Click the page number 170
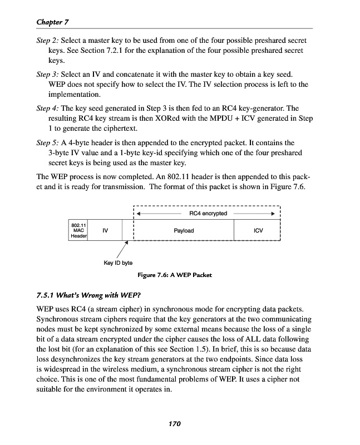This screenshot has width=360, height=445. pyautogui.click(x=175, y=424)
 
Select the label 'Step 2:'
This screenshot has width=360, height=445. pyautogui.click(x=47, y=41)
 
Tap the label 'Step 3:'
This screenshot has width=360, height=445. pyautogui.click(x=47, y=74)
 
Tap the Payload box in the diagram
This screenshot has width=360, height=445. pyautogui.click(x=184, y=230)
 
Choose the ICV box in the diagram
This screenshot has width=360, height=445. pyautogui.click(x=258, y=230)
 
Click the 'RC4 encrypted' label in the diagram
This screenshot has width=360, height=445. pyautogui.click(x=208, y=213)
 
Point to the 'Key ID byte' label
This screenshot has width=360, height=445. pyautogui.click(x=118, y=263)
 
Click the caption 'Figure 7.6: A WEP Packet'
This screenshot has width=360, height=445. pyautogui.click(x=174, y=275)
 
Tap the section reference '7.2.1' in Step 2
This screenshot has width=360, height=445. pyautogui.click(x=113, y=51)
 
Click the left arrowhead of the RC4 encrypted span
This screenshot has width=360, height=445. pyautogui.click(x=139, y=214)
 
